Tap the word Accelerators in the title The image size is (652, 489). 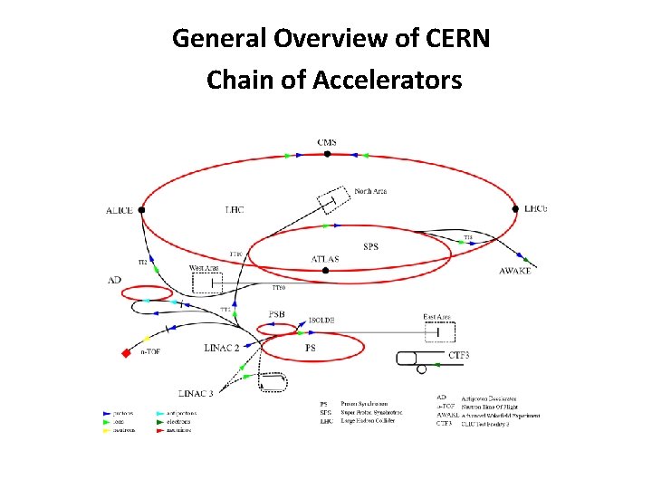[387, 81]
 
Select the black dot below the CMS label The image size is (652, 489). [327, 154]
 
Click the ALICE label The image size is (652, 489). [120, 211]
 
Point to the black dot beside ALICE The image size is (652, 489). [142, 210]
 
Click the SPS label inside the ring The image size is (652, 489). [370, 245]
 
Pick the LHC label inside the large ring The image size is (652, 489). [234, 210]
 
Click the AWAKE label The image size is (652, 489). [514, 272]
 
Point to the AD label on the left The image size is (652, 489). [114, 281]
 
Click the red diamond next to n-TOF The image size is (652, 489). [126, 353]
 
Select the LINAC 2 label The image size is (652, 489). [222, 348]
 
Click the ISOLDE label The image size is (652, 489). [323, 320]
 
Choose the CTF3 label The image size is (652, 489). [459, 356]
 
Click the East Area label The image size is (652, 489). [436, 317]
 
